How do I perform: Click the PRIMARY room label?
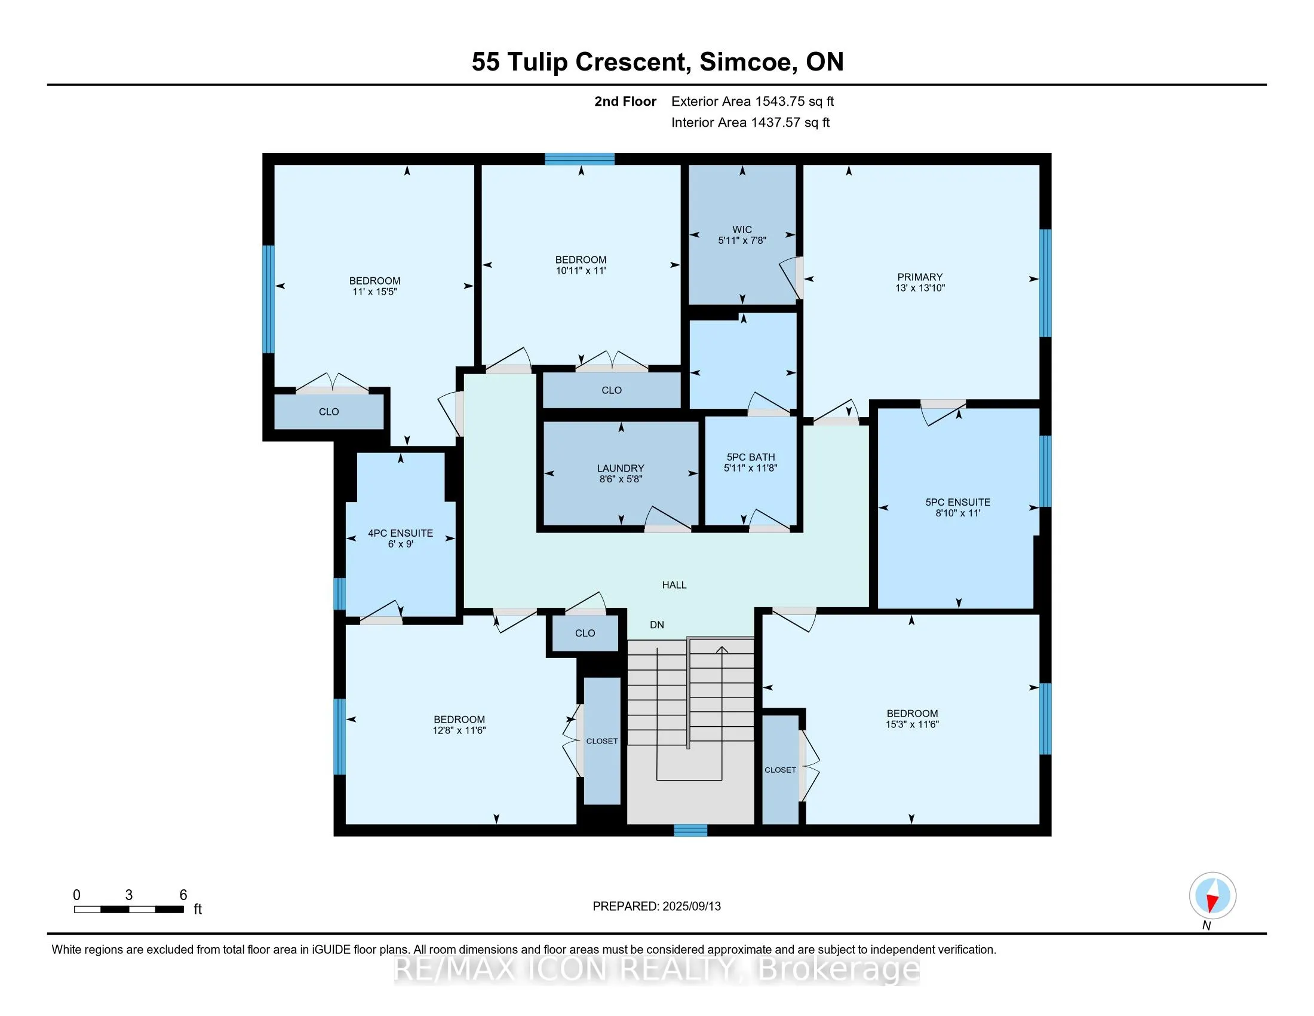[x=920, y=277]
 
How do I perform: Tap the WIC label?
[x=742, y=229]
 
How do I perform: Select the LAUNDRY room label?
[x=621, y=469]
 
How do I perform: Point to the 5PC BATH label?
[x=750, y=457]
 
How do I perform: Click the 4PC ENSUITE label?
[x=400, y=533]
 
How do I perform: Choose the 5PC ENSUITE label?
[x=958, y=502]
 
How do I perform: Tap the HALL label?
[x=674, y=584]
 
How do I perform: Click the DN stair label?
[x=657, y=625]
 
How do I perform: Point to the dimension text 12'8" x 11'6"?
[x=459, y=730]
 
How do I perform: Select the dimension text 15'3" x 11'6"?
[x=912, y=724]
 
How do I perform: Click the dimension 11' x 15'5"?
[x=375, y=291]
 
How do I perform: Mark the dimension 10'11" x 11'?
[x=581, y=270]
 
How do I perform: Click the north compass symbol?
[x=1212, y=896]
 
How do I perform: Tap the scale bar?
[x=129, y=909]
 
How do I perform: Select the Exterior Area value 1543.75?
[x=778, y=101]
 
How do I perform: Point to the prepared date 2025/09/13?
[x=691, y=906]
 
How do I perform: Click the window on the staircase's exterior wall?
[x=690, y=831]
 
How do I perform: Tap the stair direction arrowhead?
[x=722, y=650]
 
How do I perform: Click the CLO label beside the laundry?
[x=611, y=390]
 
